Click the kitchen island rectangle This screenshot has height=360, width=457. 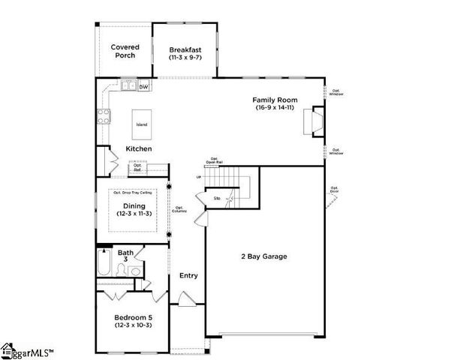point(141,124)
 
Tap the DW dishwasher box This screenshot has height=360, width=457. point(143,86)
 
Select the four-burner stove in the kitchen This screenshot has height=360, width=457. point(104,116)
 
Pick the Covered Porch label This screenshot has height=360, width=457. point(125,52)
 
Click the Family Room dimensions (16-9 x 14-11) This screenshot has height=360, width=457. point(275,108)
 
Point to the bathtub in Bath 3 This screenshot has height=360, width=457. point(105,265)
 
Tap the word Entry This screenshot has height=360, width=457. point(188,275)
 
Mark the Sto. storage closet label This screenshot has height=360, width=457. point(218,199)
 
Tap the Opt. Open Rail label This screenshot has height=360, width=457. point(215,160)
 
